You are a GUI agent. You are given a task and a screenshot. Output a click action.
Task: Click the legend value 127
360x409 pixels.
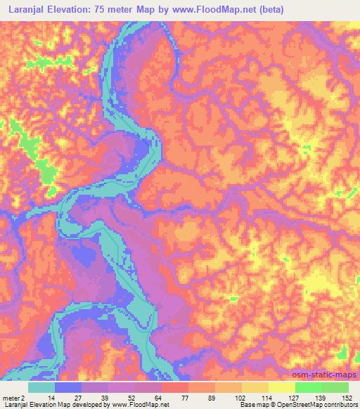tap(295, 398)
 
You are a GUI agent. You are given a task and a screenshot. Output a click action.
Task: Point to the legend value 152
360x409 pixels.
tap(347, 398)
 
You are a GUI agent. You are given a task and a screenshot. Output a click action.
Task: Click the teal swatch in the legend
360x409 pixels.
tap(41, 387)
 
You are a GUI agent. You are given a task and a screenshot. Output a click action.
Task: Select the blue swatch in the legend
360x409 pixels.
tap(68, 387)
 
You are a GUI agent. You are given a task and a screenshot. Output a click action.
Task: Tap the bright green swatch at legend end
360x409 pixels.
tap(335, 387)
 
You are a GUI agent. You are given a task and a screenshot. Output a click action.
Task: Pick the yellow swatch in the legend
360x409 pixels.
tap(255, 387)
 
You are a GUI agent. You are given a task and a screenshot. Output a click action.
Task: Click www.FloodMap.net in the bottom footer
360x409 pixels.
tap(134, 405)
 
